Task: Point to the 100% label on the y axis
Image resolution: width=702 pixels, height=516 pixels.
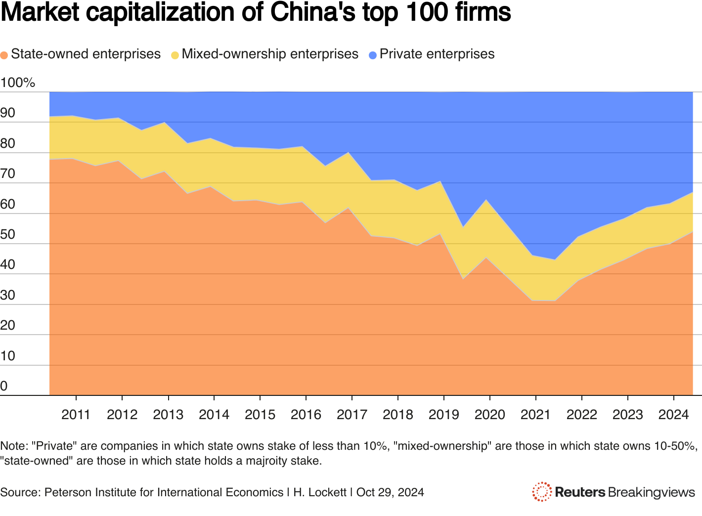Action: tap(18, 83)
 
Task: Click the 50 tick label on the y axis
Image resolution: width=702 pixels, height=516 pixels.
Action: tap(7, 234)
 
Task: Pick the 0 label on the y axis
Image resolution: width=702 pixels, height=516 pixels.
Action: tap(4, 386)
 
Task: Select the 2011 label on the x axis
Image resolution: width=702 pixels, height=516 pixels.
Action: tap(76, 414)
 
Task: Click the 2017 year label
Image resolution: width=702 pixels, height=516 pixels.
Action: tap(351, 414)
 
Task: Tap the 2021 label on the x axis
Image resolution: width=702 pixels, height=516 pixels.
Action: tap(535, 414)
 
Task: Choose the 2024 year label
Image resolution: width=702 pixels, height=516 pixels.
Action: tap(673, 414)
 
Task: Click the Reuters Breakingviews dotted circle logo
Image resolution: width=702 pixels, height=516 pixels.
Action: tap(542, 492)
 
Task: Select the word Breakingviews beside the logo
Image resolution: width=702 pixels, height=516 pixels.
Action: tap(652, 492)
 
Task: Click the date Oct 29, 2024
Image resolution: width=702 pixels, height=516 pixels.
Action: tap(390, 492)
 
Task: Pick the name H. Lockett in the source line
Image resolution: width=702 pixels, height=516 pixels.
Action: tap(319, 492)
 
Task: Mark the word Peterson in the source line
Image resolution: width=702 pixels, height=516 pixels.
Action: tap(65, 492)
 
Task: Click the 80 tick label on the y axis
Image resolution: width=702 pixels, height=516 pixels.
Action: tap(7, 143)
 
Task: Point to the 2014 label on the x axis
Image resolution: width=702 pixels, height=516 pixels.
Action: tap(214, 414)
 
